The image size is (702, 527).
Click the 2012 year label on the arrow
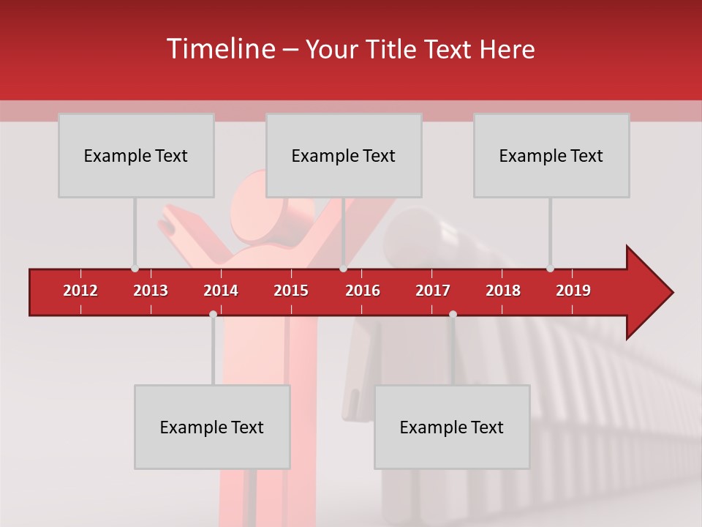80,291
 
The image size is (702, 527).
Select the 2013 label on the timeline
151,291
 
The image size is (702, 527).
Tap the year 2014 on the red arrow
221,291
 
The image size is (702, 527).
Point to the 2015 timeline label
291,291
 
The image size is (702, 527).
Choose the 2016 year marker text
363,291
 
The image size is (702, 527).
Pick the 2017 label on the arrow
433,291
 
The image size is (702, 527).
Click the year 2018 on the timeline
503,291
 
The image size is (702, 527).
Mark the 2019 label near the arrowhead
573,291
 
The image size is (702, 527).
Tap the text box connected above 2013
136,155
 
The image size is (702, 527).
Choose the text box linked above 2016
344,155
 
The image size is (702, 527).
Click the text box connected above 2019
551,155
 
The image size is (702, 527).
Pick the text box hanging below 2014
212,427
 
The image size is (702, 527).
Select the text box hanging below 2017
452,427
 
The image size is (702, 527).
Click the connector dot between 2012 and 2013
135,269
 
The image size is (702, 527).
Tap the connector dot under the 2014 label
213,314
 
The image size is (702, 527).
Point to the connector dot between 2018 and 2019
550,269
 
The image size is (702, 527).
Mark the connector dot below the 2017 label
453,314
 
